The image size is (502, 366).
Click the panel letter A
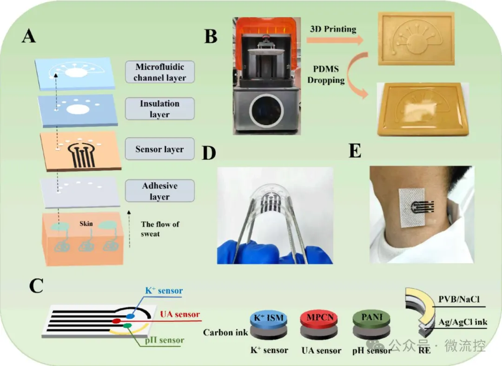point(28,35)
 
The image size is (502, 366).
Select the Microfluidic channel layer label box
point(160,72)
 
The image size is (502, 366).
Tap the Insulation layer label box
point(160,109)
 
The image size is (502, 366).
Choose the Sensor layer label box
point(160,149)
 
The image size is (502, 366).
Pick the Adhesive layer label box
point(160,191)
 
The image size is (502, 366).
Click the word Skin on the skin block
point(86,224)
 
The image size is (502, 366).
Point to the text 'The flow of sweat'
point(160,229)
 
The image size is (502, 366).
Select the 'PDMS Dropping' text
point(326,74)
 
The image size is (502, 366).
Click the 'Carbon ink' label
point(225,333)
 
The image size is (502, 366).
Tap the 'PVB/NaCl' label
point(459,299)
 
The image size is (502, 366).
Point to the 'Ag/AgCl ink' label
point(463,322)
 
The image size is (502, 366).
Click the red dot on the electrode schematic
point(116,321)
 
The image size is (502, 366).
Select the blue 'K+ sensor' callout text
point(164,291)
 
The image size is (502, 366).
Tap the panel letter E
point(355,151)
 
